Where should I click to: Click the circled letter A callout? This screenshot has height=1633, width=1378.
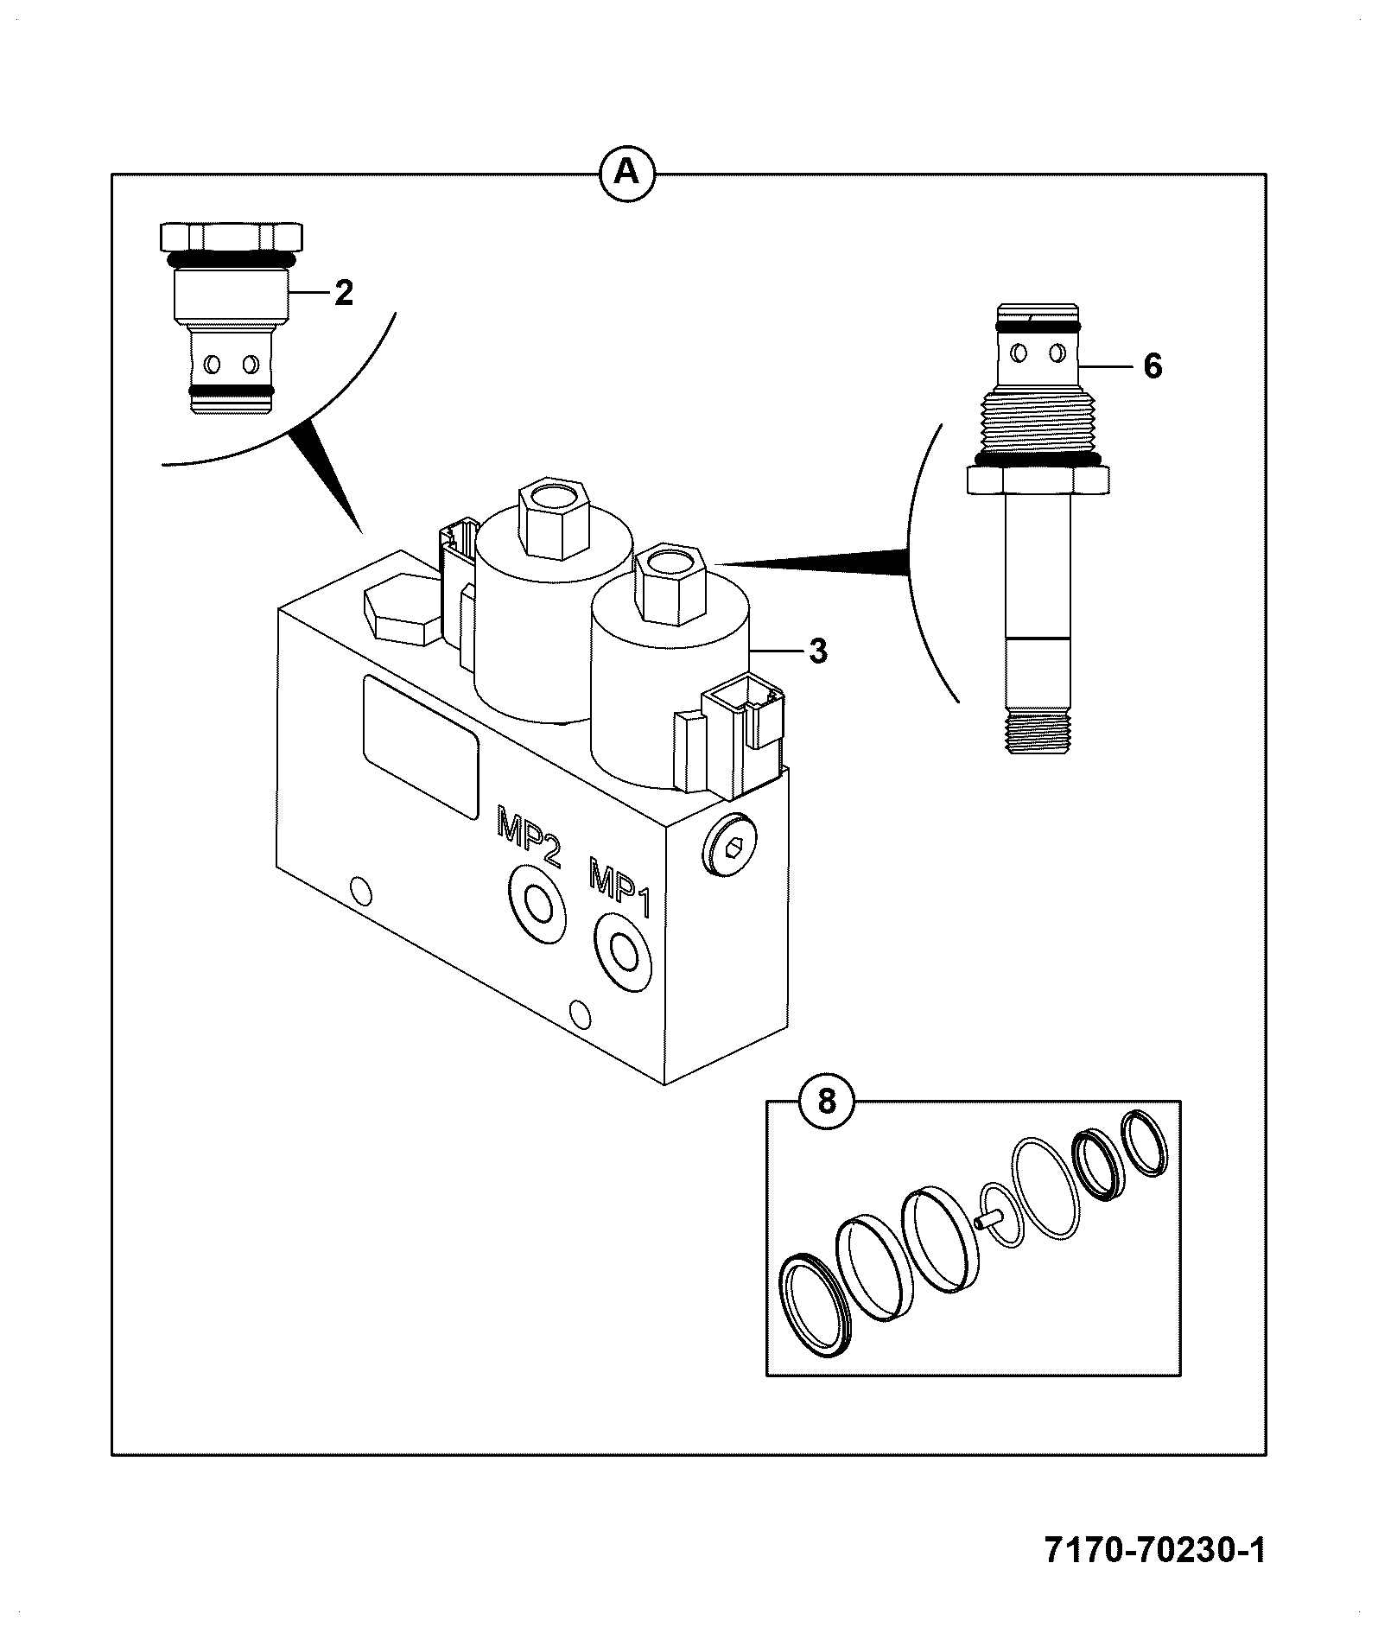click(627, 175)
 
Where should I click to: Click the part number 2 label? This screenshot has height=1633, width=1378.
click(344, 294)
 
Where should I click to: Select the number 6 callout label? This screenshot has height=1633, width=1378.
click(1153, 367)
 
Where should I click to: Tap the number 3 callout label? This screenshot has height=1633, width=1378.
click(817, 651)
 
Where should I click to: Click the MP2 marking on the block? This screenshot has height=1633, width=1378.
click(528, 835)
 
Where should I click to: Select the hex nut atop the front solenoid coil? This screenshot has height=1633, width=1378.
click(671, 584)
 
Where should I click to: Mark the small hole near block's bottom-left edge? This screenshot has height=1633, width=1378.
click(359, 891)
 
